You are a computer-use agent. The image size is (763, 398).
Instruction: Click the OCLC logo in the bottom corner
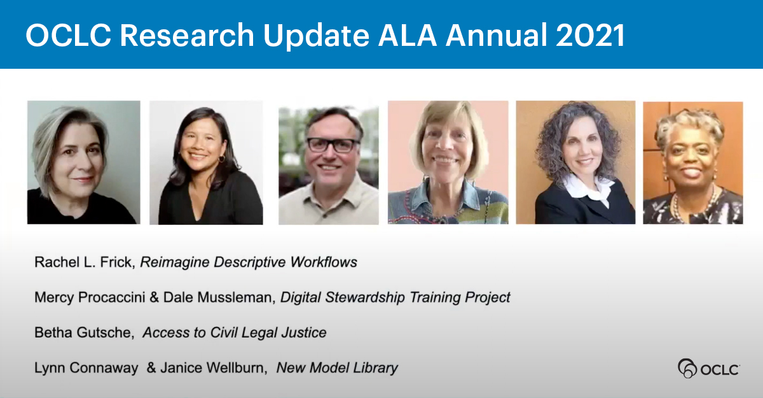(x=708, y=369)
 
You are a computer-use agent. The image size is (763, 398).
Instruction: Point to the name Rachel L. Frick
(x=84, y=262)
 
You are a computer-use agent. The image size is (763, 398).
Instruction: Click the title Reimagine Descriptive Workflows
(x=248, y=262)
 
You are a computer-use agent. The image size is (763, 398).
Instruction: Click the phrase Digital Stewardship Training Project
(x=395, y=297)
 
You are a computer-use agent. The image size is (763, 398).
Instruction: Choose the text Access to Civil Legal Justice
(x=234, y=332)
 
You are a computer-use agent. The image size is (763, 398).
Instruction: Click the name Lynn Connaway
(x=86, y=367)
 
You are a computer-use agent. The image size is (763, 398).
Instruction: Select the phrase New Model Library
(x=337, y=367)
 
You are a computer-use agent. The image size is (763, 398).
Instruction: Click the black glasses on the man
(x=333, y=145)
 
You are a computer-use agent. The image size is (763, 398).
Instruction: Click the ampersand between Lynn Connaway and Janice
(x=151, y=367)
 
